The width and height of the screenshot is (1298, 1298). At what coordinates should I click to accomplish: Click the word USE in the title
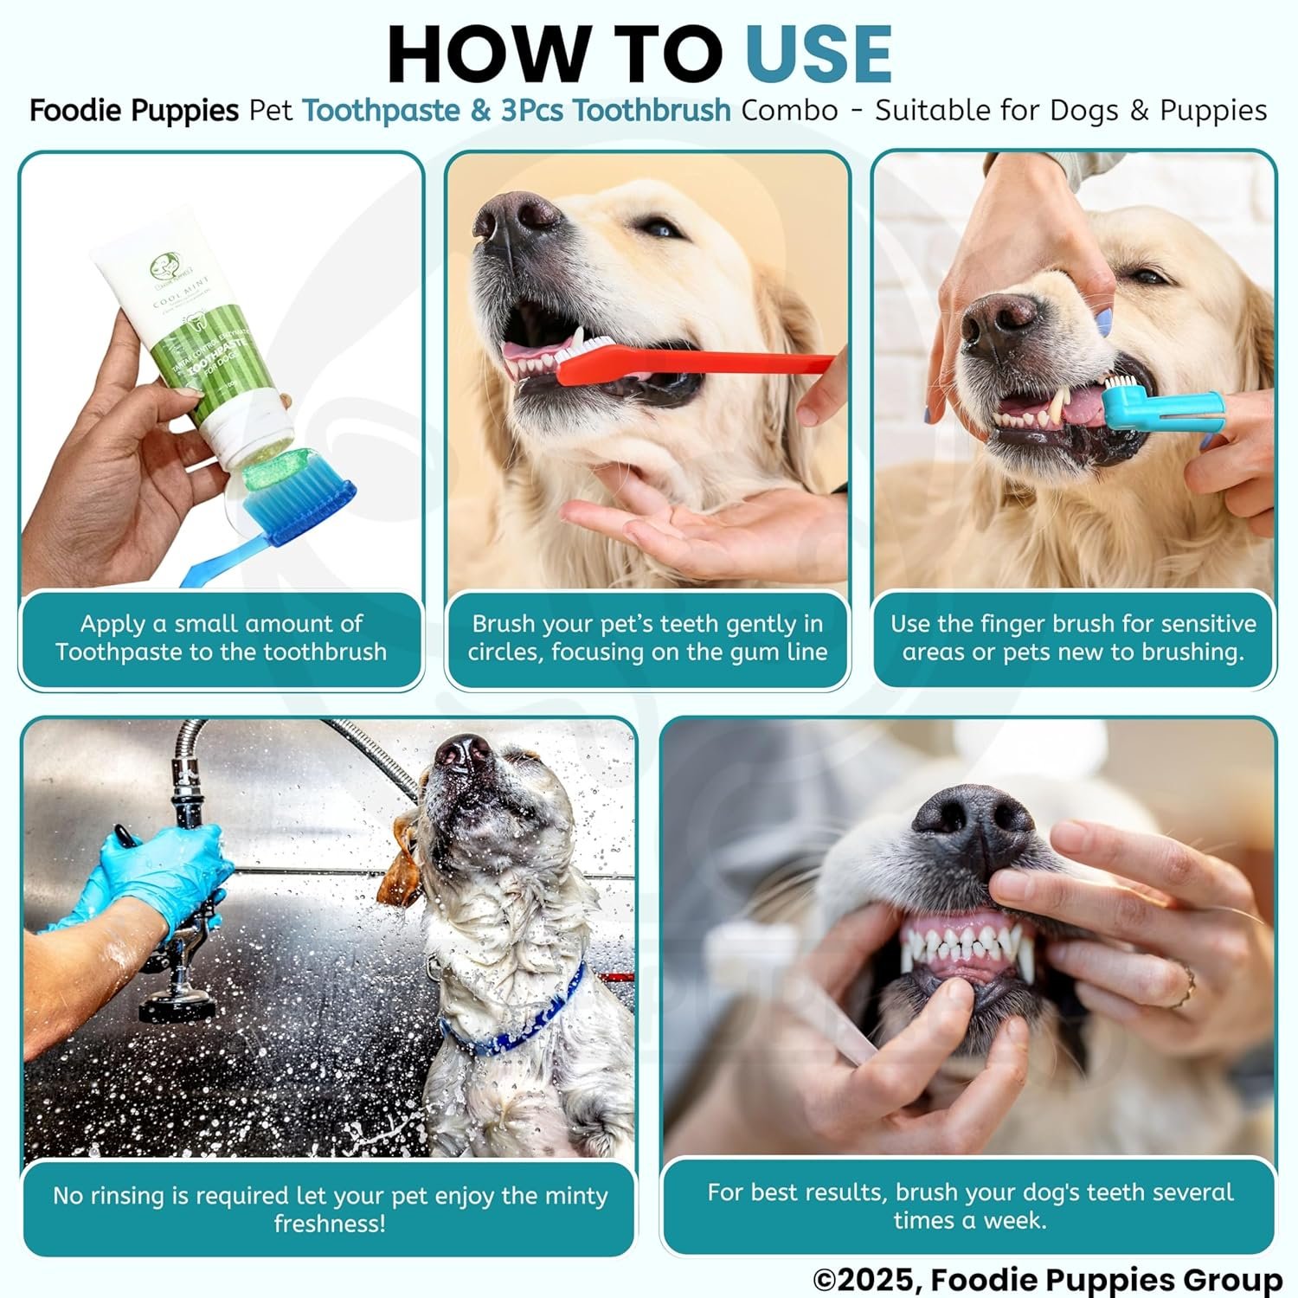click(819, 55)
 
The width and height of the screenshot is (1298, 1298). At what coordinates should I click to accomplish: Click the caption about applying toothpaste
click(222, 638)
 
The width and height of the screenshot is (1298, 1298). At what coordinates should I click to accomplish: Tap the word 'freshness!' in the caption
click(330, 1224)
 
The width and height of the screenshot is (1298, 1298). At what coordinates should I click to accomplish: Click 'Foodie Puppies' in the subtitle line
click(134, 111)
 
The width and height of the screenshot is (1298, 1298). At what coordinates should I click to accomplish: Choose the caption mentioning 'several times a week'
click(969, 1205)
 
